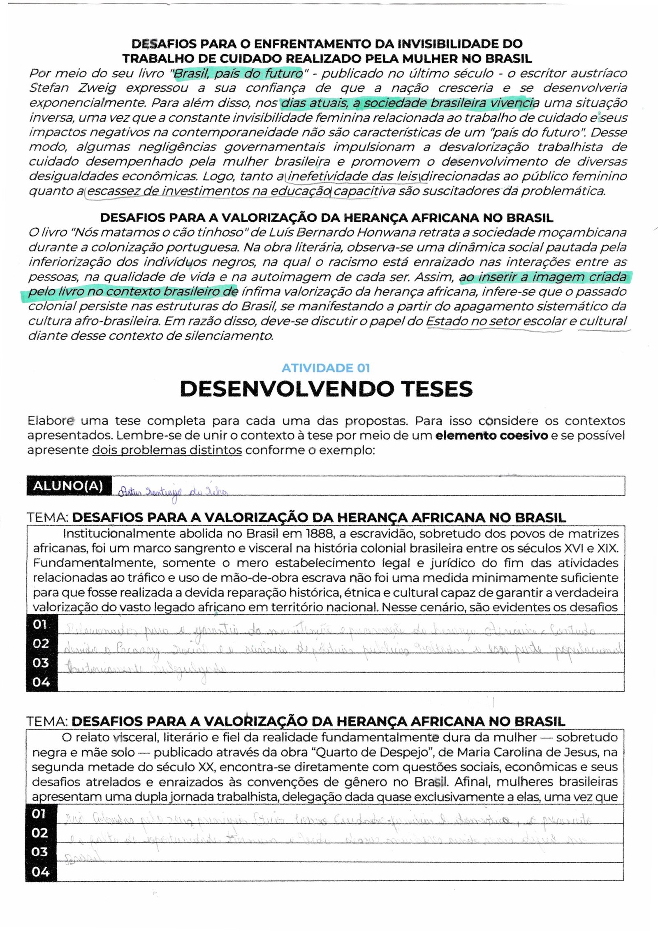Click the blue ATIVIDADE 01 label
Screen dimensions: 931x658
[x=326, y=368]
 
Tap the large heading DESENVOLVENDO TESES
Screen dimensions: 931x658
[x=326, y=389]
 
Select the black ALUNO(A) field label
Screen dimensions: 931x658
[x=68, y=486]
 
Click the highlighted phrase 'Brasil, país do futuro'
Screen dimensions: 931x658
[x=238, y=74]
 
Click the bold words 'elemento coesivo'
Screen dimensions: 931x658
[x=491, y=435]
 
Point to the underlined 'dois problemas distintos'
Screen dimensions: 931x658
[x=167, y=450]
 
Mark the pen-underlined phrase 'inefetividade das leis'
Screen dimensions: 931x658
[x=352, y=176]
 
